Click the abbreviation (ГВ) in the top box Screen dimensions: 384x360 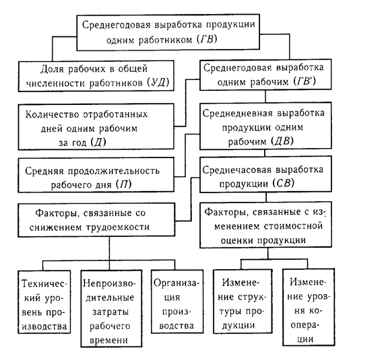tap(207, 40)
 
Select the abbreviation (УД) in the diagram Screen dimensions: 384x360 tap(158, 82)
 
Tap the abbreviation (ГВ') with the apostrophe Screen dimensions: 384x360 tap(305, 81)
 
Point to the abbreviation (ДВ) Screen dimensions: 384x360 tap(282, 141)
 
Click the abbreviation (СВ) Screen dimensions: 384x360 tap(283, 184)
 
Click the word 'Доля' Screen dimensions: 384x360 tap(52, 69)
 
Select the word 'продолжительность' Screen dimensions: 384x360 tap(113, 171)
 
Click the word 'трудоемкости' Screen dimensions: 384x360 tap(117, 227)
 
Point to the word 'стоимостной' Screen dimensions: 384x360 tap(293, 225)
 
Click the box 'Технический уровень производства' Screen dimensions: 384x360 tap(44, 301)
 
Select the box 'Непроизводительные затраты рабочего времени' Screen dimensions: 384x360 tap(111, 308)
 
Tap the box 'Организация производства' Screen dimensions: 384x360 tap(177, 301)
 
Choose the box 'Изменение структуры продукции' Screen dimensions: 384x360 tap(243, 301)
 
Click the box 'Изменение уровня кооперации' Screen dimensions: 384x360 tap(309, 307)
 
